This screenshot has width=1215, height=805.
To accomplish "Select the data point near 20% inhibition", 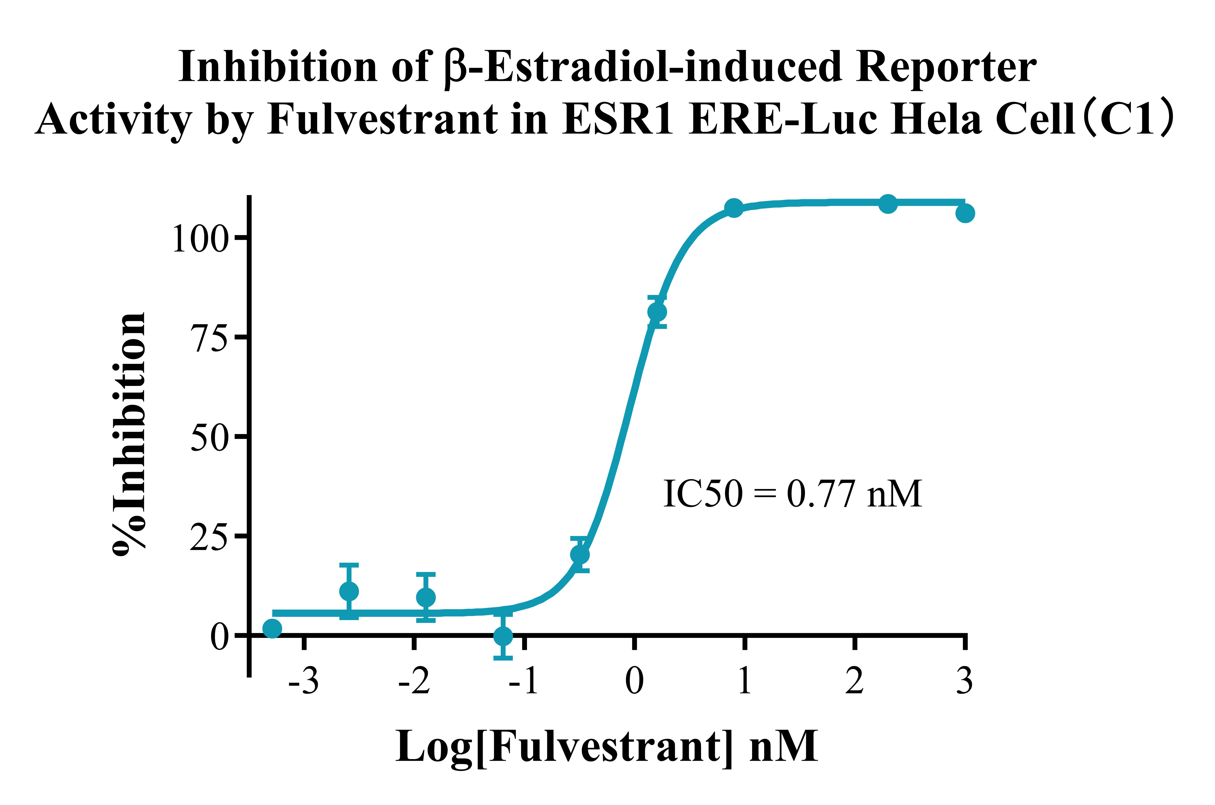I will tap(580, 554).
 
